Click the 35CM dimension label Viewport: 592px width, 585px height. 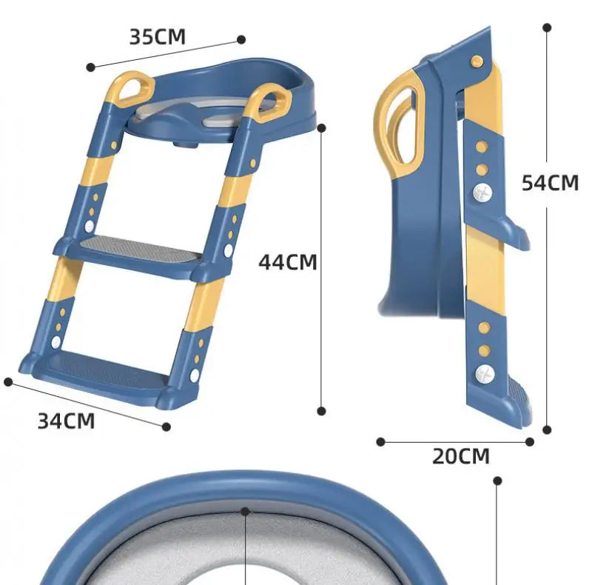(x=157, y=36)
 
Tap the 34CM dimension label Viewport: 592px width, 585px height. (x=67, y=421)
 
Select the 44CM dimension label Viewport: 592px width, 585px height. (x=288, y=262)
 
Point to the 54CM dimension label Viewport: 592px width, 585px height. (x=550, y=182)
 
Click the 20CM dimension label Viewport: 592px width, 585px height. (x=461, y=456)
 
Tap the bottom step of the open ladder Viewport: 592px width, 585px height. (x=104, y=364)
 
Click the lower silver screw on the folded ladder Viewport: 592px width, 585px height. (x=483, y=374)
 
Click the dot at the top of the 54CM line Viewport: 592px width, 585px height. (x=547, y=27)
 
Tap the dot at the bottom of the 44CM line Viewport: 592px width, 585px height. (x=321, y=410)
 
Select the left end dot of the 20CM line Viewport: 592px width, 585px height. (x=380, y=442)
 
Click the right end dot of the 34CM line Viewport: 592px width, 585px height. (x=166, y=427)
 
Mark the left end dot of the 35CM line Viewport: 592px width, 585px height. (x=91, y=67)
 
